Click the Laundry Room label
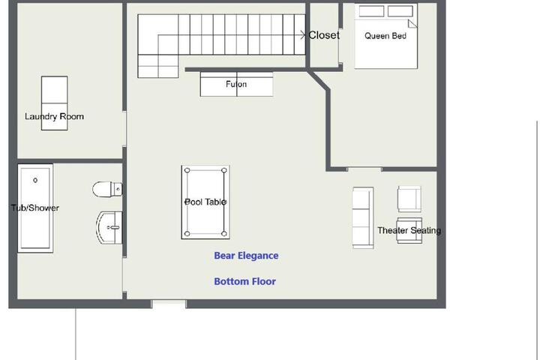55,116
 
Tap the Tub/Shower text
35,208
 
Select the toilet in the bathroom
107,189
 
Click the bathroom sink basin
109,228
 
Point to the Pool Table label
205,202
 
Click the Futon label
236,84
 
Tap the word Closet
324,35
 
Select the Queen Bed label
385,36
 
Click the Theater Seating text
409,230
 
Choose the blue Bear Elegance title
246,256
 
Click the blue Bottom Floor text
244,281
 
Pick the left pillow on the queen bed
371,11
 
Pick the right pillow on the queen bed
400,11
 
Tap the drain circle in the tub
35,180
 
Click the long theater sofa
363,217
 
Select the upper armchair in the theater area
409,199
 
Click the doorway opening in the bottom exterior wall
169,304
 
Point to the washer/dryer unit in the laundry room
55,103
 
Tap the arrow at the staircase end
302,34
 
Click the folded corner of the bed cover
412,23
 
